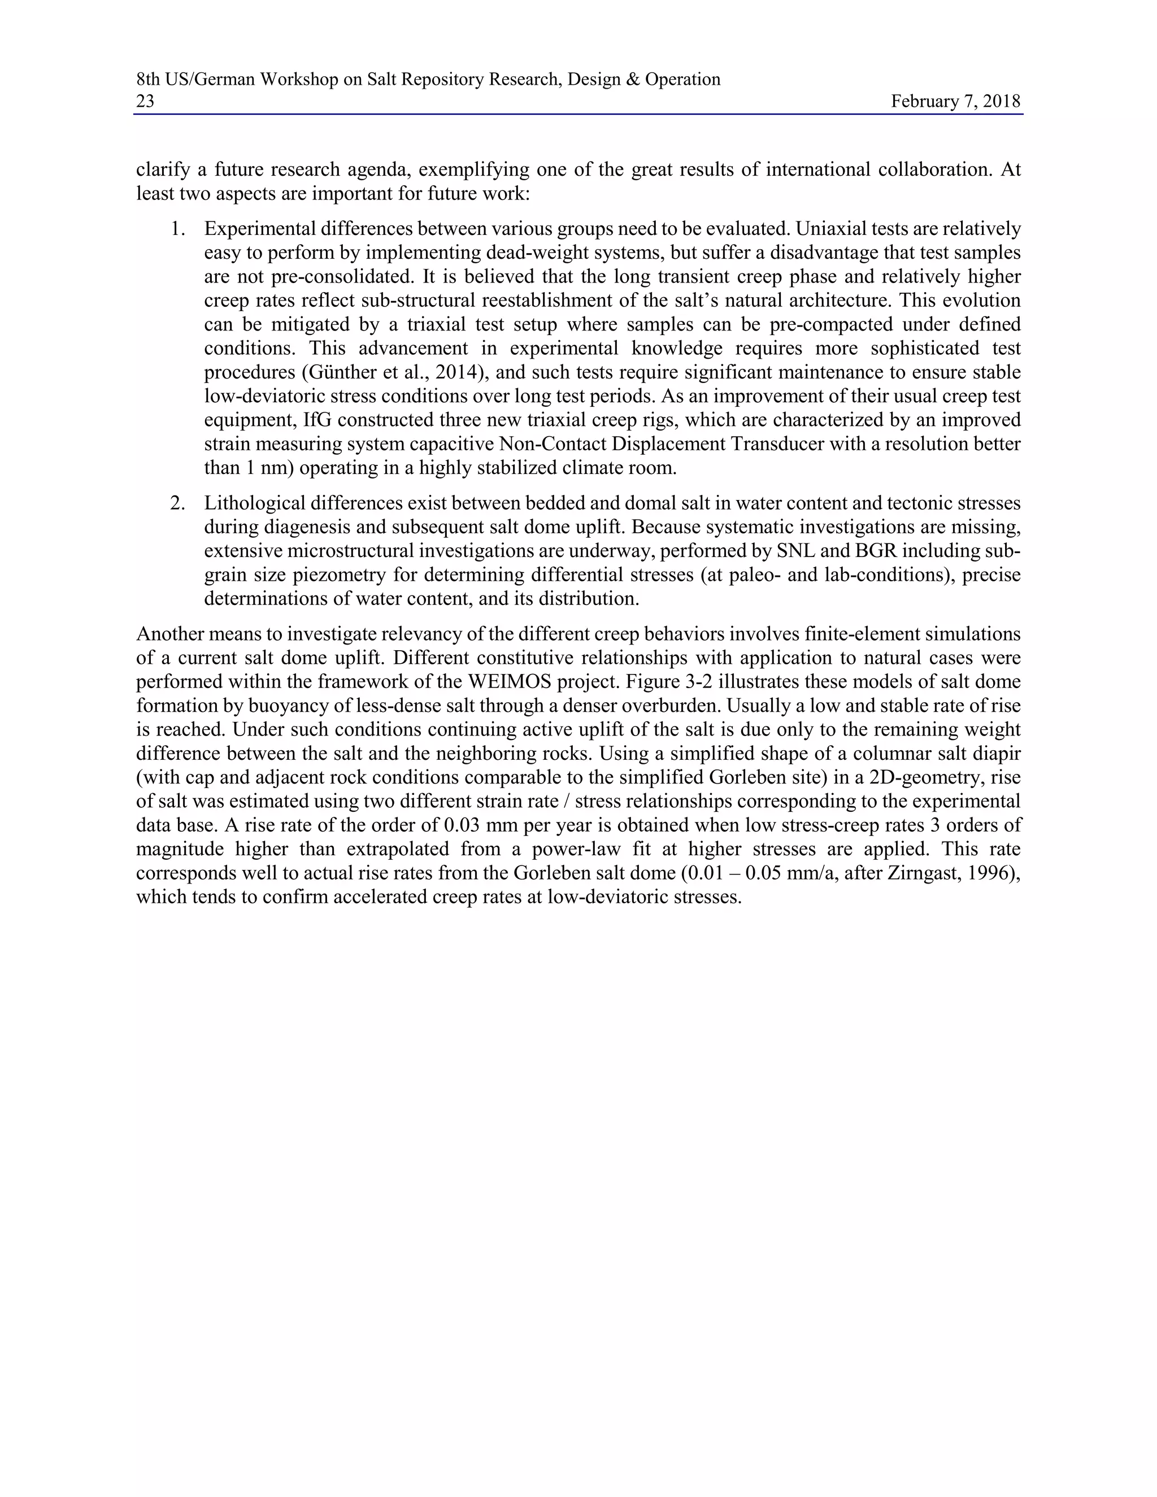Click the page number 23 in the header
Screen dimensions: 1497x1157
[x=145, y=102]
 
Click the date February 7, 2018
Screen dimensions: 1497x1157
[x=955, y=102]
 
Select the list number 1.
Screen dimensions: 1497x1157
[x=177, y=229]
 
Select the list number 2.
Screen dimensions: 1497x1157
[x=177, y=504]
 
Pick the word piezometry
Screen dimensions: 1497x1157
[x=336, y=575]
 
